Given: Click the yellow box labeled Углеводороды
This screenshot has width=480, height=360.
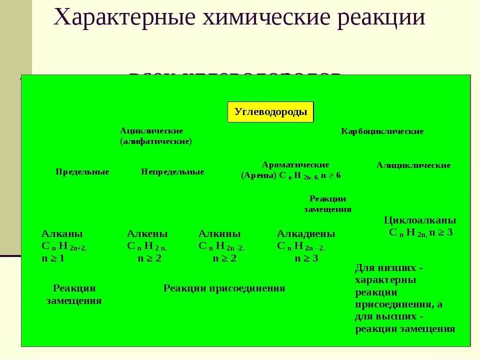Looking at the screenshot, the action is (270, 112).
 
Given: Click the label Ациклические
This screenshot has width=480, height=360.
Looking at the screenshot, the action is (151, 130).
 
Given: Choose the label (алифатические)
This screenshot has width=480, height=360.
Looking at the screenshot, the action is (155, 141).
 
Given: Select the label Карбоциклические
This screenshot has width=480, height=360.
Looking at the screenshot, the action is (382, 131).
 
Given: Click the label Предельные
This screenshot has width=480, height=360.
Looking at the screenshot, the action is (82, 172).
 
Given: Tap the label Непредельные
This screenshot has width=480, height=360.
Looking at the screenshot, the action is (172, 172).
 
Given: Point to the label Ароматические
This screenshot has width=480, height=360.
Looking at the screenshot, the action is (295, 164).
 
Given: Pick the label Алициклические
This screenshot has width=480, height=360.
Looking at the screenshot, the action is (413, 165).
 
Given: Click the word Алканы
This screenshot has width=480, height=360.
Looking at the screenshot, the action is (62, 234).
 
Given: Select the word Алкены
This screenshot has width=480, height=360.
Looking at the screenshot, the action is (147, 234).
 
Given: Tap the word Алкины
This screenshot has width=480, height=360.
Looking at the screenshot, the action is (219, 234).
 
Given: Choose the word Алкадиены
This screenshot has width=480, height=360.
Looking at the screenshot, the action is (306, 234).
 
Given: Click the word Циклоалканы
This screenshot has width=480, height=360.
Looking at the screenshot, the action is (420, 220).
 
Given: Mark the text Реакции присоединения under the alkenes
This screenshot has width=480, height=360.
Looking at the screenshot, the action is (224, 288).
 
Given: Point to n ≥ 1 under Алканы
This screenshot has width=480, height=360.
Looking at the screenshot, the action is (53, 258).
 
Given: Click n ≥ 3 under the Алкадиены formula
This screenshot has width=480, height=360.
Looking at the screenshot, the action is (306, 258).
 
